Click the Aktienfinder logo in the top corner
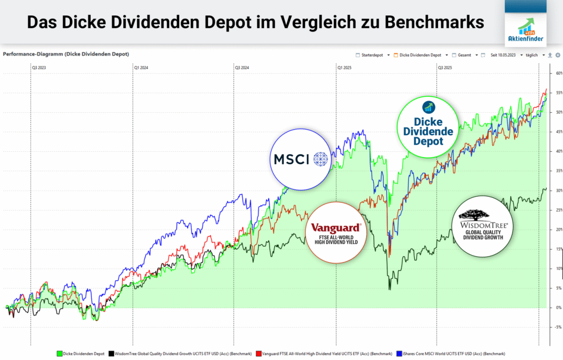point(527,23)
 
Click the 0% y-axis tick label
point(557,307)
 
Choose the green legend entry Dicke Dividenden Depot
point(83,353)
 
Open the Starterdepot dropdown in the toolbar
point(373,55)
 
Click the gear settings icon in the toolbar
point(557,55)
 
